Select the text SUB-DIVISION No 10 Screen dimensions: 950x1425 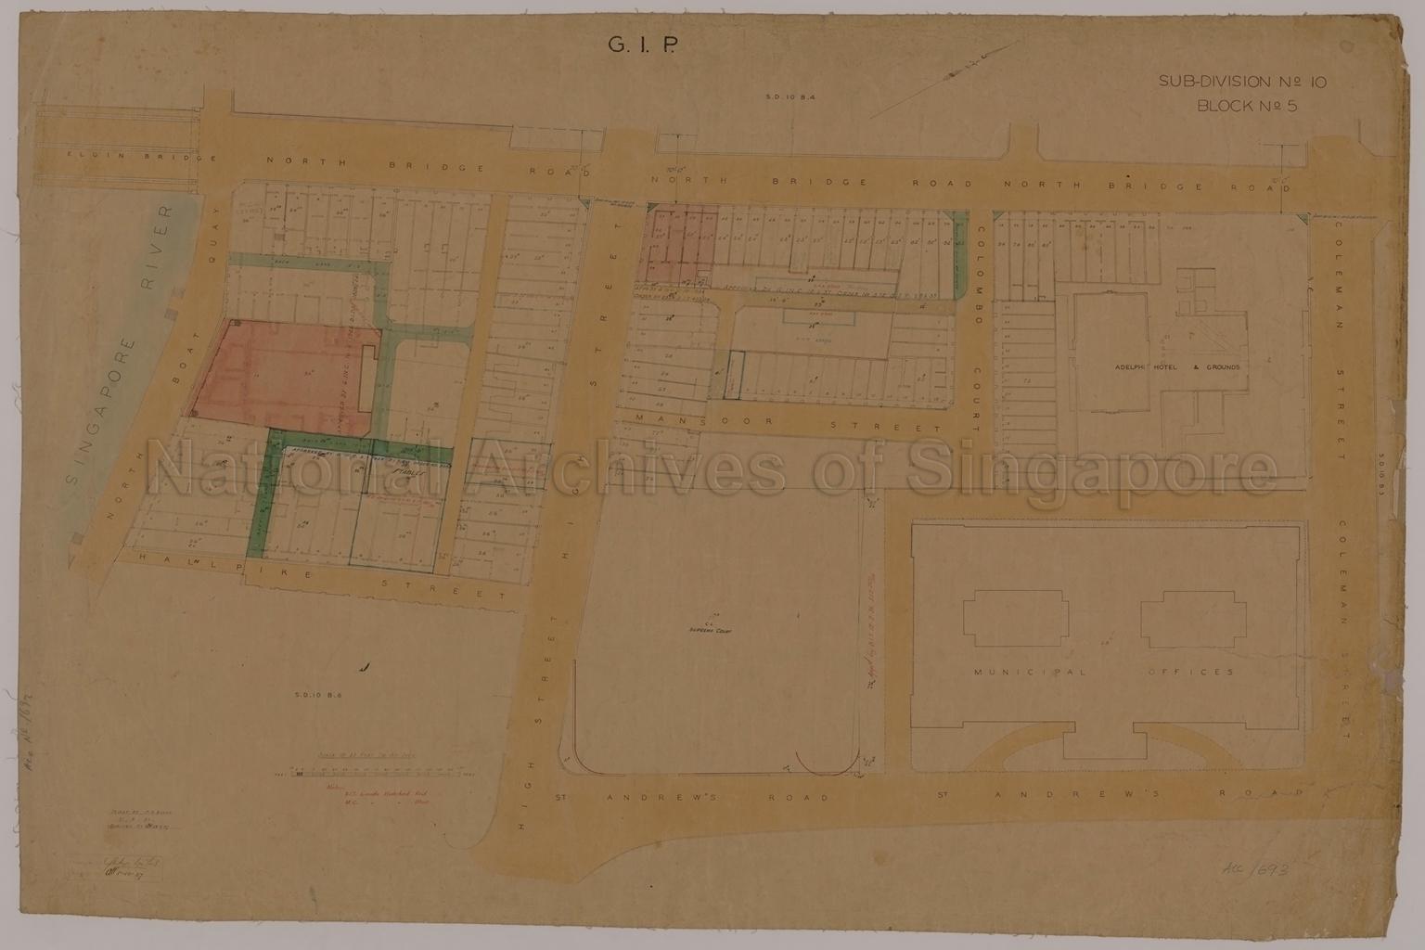pyautogui.click(x=1242, y=82)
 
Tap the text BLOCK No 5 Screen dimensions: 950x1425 pyautogui.click(x=1247, y=105)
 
